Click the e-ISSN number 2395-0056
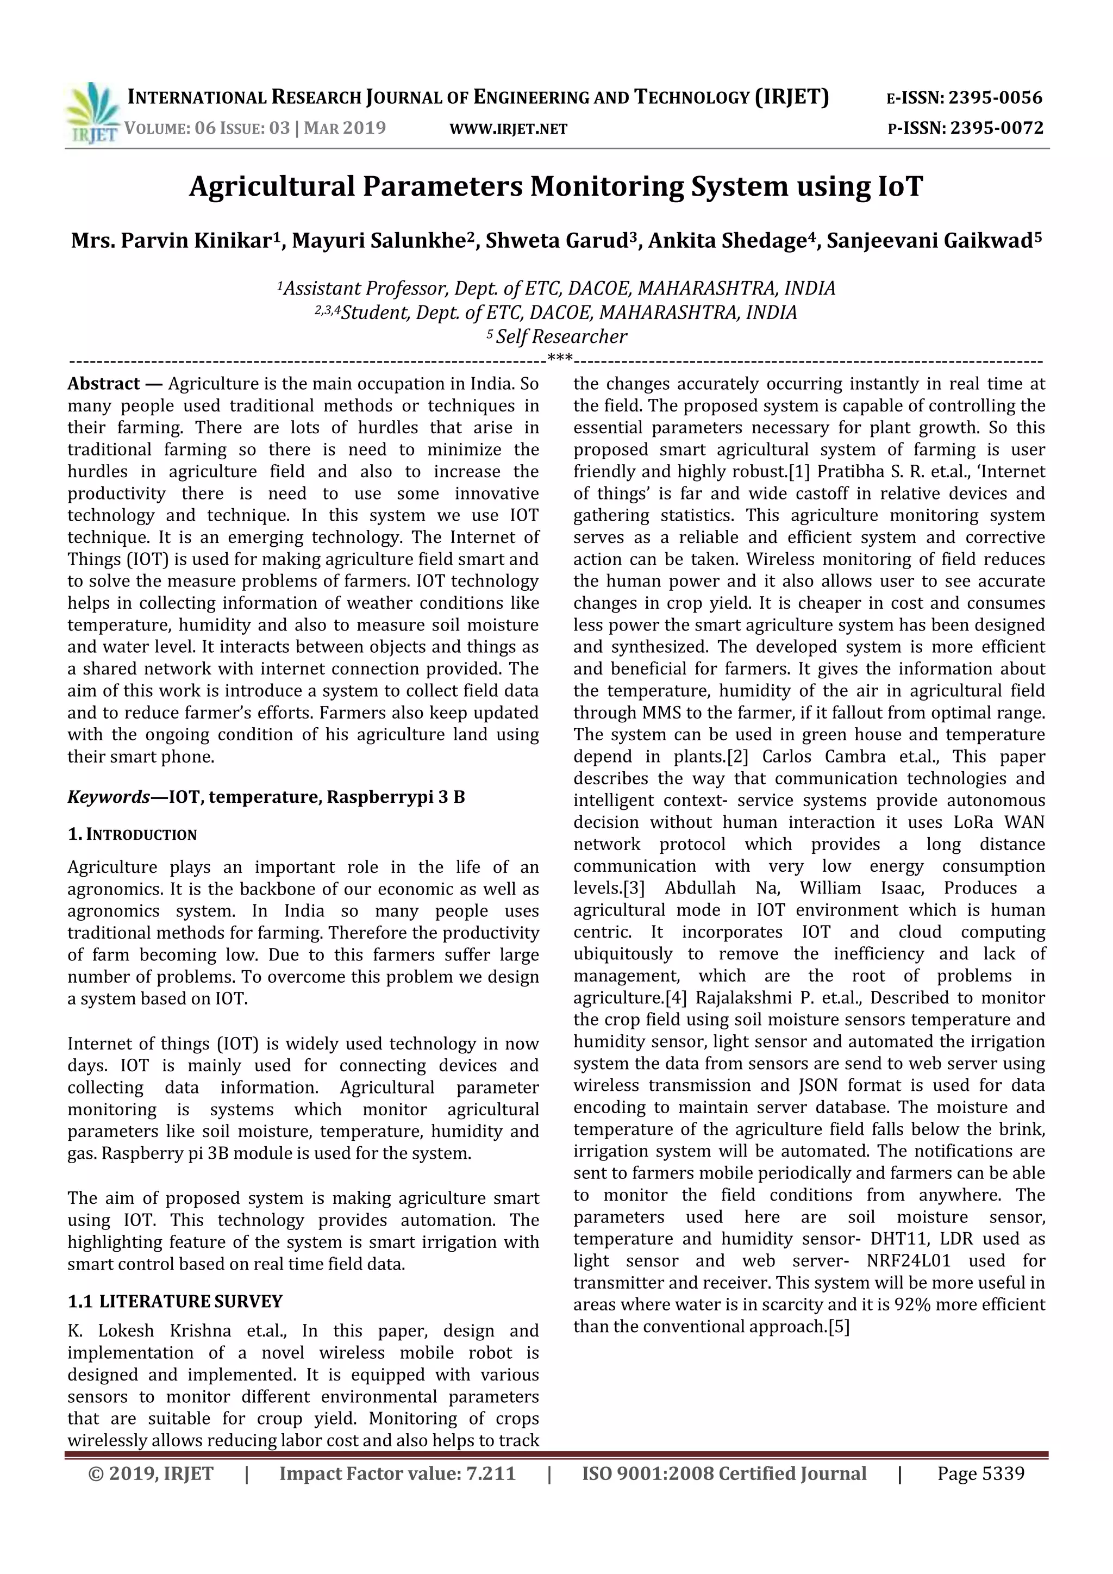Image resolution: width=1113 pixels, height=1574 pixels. pyautogui.click(x=995, y=98)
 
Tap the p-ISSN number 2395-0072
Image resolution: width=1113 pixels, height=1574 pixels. pyautogui.click(x=997, y=128)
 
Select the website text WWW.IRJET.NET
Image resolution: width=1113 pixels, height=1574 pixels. pyautogui.click(x=508, y=129)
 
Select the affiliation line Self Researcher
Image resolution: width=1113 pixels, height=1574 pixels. pyautogui.click(x=561, y=336)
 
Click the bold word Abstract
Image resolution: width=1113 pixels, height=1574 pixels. pyautogui.click(x=103, y=384)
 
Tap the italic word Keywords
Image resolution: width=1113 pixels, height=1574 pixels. pyautogui.click(x=108, y=797)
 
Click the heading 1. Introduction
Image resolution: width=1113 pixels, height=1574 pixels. pyautogui.click(x=132, y=834)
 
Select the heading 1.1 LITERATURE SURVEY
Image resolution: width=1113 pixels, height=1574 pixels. pyautogui.click(x=176, y=1301)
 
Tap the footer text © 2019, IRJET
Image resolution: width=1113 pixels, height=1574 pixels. pyautogui.click(x=151, y=1473)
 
